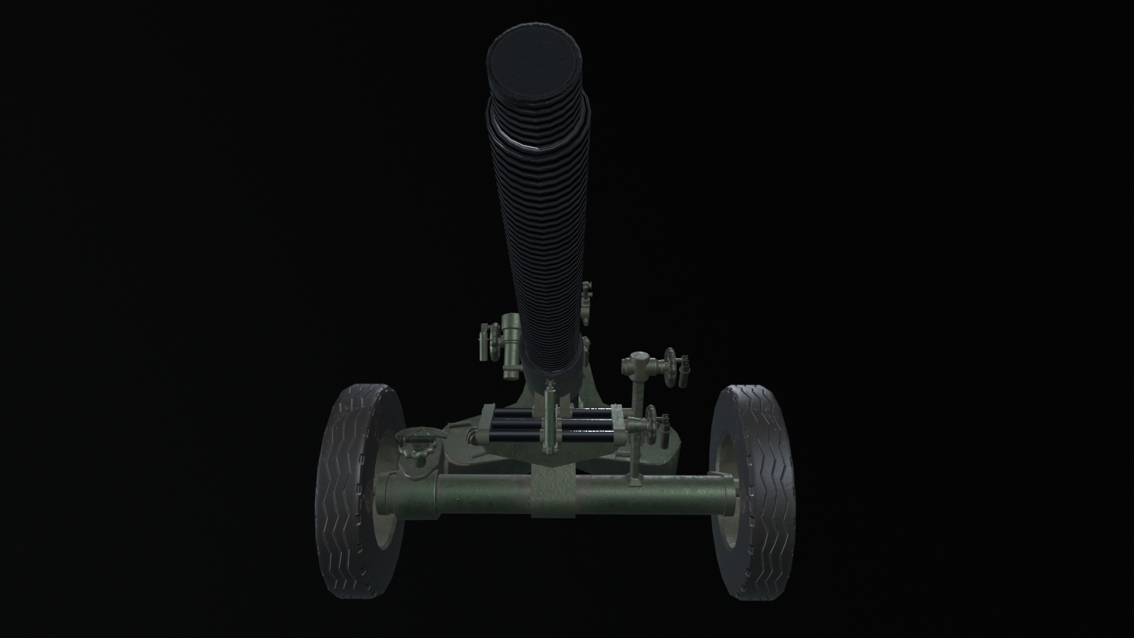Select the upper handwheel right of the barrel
670,367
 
